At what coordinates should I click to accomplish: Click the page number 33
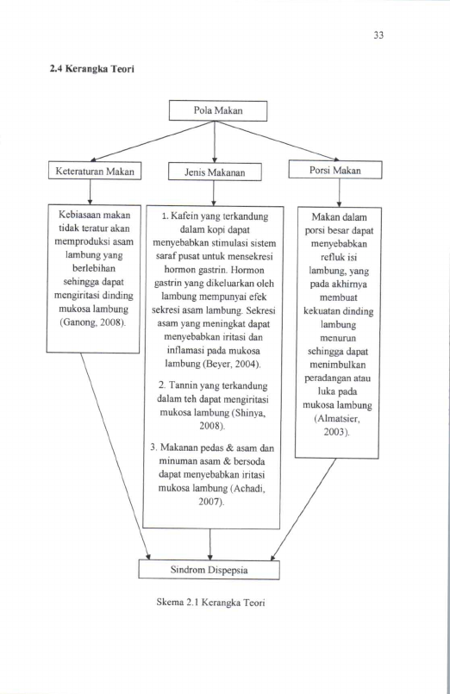(x=378, y=35)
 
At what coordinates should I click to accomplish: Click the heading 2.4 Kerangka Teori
(x=91, y=69)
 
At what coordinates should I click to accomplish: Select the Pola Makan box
(x=218, y=110)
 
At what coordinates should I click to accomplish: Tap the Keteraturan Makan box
(x=95, y=172)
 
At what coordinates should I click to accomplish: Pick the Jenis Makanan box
(x=215, y=172)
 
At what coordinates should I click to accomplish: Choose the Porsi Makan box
(x=335, y=171)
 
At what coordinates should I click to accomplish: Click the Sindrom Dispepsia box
(x=209, y=570)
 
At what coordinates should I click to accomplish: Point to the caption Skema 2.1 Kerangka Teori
(x=210, y=603)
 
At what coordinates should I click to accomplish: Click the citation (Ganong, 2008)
(x=93, y=322)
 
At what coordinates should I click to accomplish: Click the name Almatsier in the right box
(x=337, y=418)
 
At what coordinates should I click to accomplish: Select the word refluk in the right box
(x=332, y=258)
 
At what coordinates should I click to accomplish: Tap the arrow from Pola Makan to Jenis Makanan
(x=215, y=141)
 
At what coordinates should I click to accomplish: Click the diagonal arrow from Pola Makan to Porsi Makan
(x=277, y=141)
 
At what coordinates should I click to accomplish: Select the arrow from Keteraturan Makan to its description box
(x=90, y=192)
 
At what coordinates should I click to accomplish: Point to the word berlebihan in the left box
(x=94, y=269)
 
